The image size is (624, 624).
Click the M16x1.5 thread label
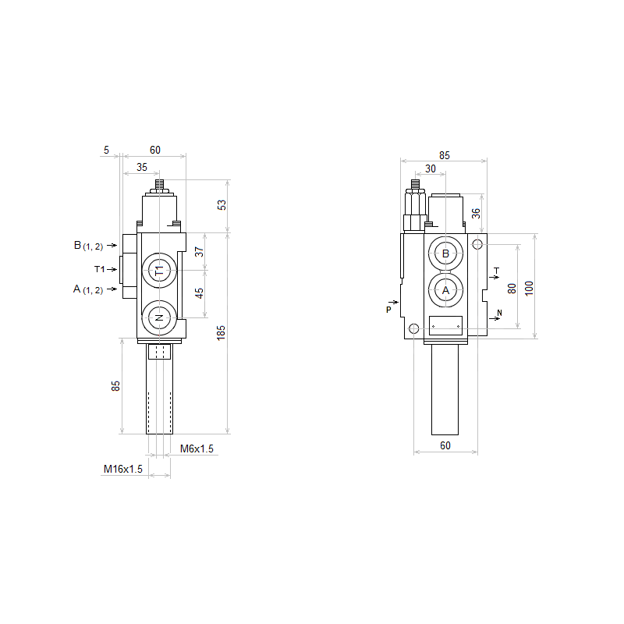(x=123, y=470)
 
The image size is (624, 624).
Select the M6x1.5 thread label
(x=197, y=449)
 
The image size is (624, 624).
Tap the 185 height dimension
(x=221, y=333)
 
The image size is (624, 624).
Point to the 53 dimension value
(x=222, y=205)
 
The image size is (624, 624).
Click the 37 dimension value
(x=199, y=251)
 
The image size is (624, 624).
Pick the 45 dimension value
(x=199, y=293)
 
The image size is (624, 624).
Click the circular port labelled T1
(x=159, y=271)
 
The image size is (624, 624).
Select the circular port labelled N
(x=159, y=318)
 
